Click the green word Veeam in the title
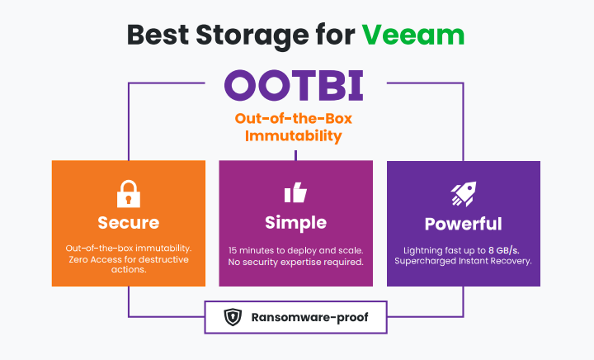pos(412,34)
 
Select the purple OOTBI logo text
pos(294,85)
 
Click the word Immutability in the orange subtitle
pos(294,135)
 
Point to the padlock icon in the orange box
pos(128,194)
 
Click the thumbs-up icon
pos(295,193)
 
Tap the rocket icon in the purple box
pos(463,194)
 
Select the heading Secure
pos(128,223)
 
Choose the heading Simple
pos(295,223)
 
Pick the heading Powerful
pos(463,224)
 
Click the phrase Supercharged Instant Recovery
pos(463,262)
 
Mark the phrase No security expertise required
pos(295,262)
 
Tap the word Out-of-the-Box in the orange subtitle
pos(294,117)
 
